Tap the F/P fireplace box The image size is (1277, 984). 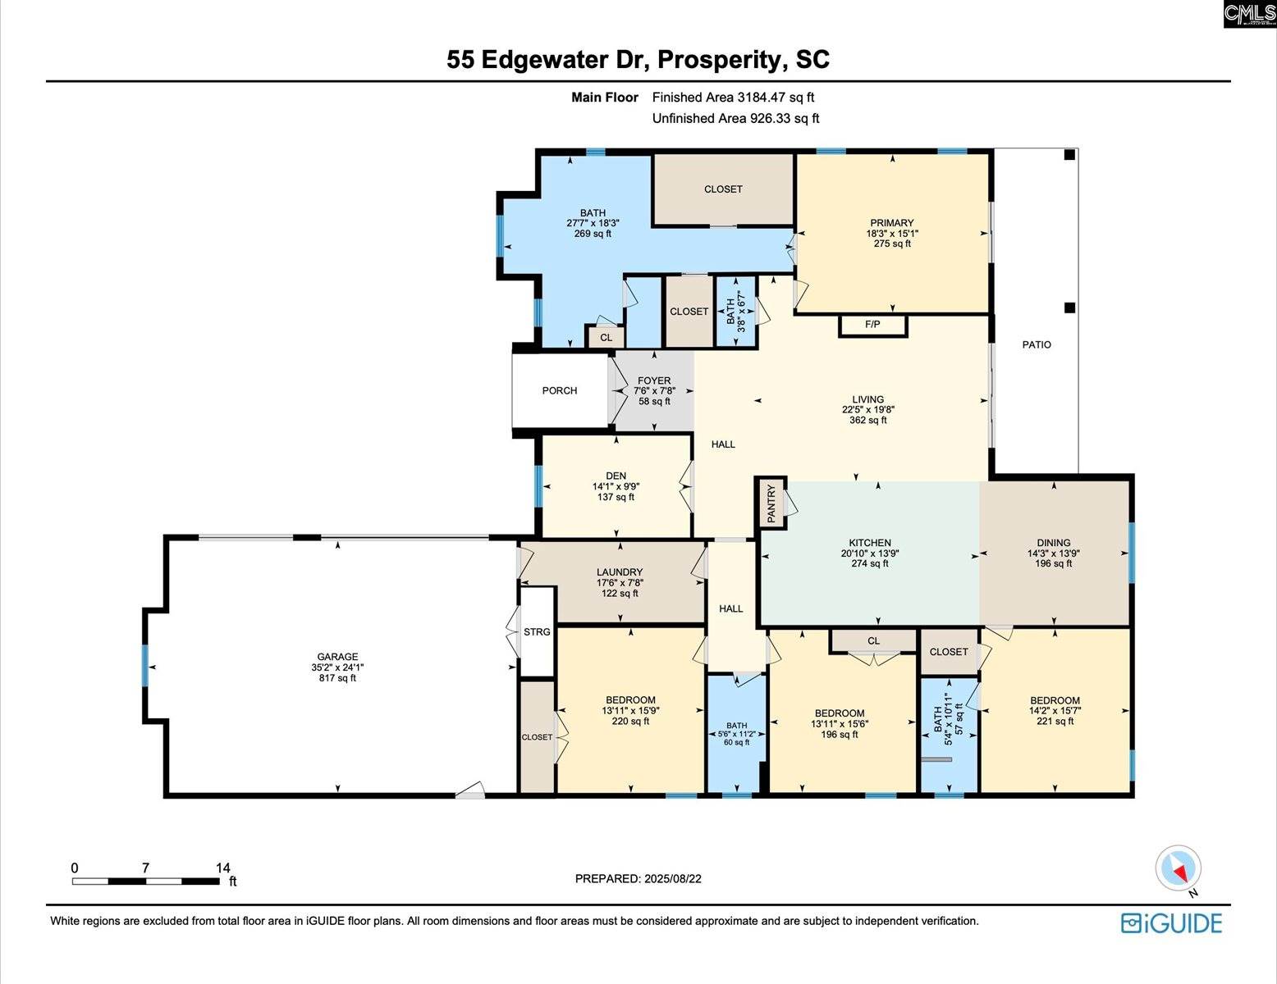click(872, 326)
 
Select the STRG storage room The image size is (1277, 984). click(537, 632)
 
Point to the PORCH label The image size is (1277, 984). click(560, 391)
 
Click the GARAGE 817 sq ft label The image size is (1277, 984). click(337, 667)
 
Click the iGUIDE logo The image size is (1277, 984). click(1171, 923)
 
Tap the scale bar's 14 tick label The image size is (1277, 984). click(223, 868)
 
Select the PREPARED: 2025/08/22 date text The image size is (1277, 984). click(638, 879)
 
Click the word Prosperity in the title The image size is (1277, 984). click(718, 60)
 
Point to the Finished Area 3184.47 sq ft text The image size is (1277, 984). click(733, 98)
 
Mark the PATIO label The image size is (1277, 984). click(1037, 345)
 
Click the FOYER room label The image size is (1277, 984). click(654, 381)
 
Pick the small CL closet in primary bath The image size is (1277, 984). click(606, 338)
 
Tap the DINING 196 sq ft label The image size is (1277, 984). click(1054, 553)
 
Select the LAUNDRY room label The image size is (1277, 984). click(620, 572)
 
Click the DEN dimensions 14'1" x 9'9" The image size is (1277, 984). click(616, 486)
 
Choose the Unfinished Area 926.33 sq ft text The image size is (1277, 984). click(735, 119)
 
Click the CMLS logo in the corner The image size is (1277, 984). click(1249, 14)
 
